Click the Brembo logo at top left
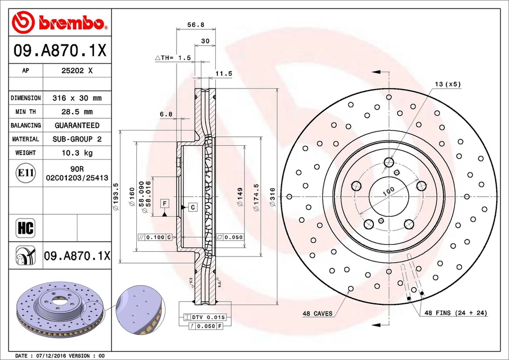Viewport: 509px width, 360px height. coord(59,22)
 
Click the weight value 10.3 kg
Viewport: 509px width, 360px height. coord(77,153)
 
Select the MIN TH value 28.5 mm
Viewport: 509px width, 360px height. coord(77,111)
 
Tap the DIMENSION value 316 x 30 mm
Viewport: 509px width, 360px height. coord(77,98)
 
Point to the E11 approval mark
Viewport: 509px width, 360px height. coord(25,173)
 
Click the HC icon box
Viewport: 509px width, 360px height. coord(25,228)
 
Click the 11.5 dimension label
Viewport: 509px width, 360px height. coord(224,74)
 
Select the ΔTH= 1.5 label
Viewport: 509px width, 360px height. coord(173,57)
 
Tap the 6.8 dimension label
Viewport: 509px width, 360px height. coord(166,114)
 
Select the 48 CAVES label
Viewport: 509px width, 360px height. coord(318,313)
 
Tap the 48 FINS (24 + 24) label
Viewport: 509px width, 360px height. coord(455,313)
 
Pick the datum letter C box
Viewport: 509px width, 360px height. coord(192,207)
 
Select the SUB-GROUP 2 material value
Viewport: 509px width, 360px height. coord(77,139)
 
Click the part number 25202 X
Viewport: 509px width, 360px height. coord(77,71)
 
